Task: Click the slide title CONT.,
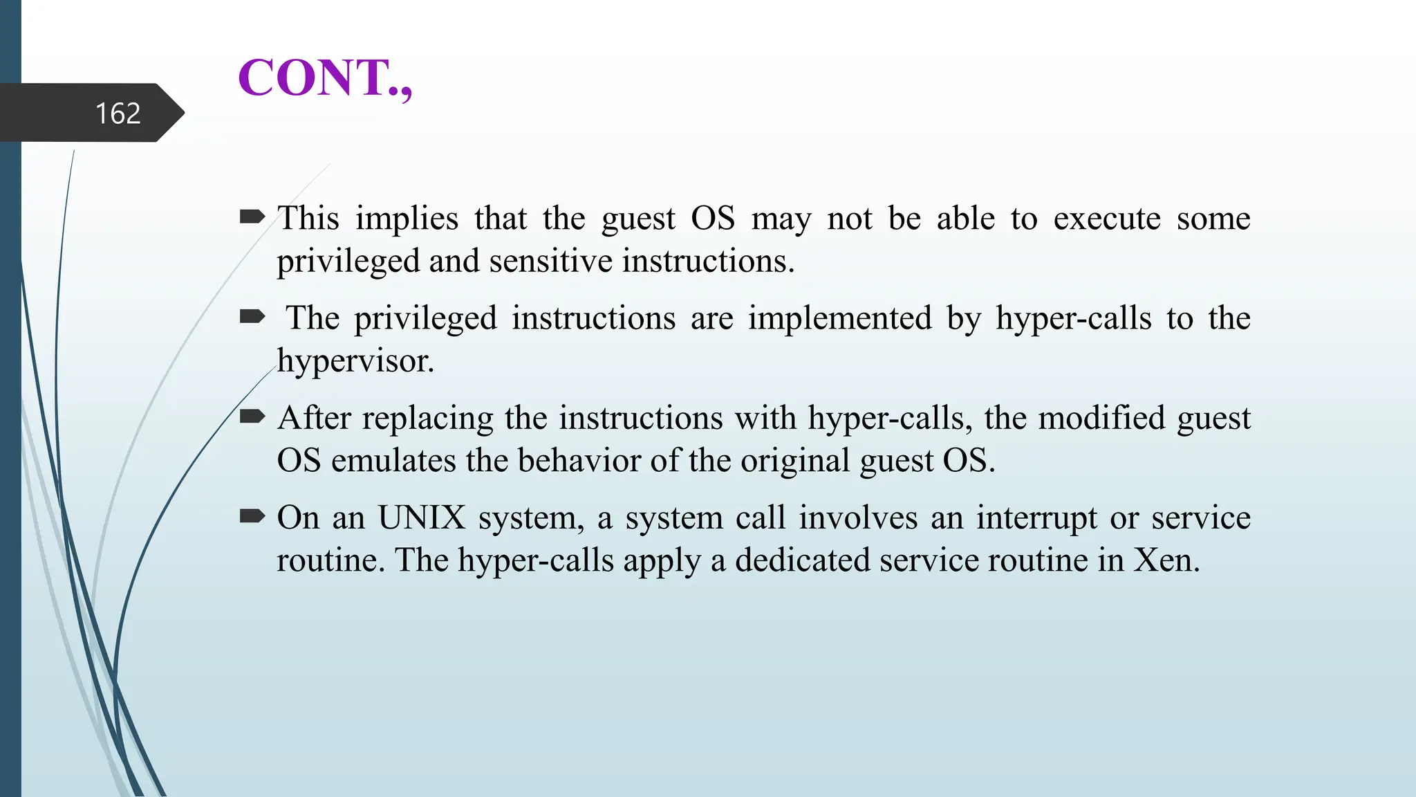(325, 77)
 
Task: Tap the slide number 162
(118, 113)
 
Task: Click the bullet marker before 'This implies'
(252, 217)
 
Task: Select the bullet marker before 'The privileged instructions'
(252, 317)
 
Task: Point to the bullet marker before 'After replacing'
(252, 416)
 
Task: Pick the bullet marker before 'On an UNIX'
(252, 516)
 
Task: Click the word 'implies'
(407, 219)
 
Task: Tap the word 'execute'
(1106, 219)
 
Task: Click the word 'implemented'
(840, 319)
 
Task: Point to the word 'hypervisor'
(354, 362)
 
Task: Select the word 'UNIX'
(422, 518)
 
